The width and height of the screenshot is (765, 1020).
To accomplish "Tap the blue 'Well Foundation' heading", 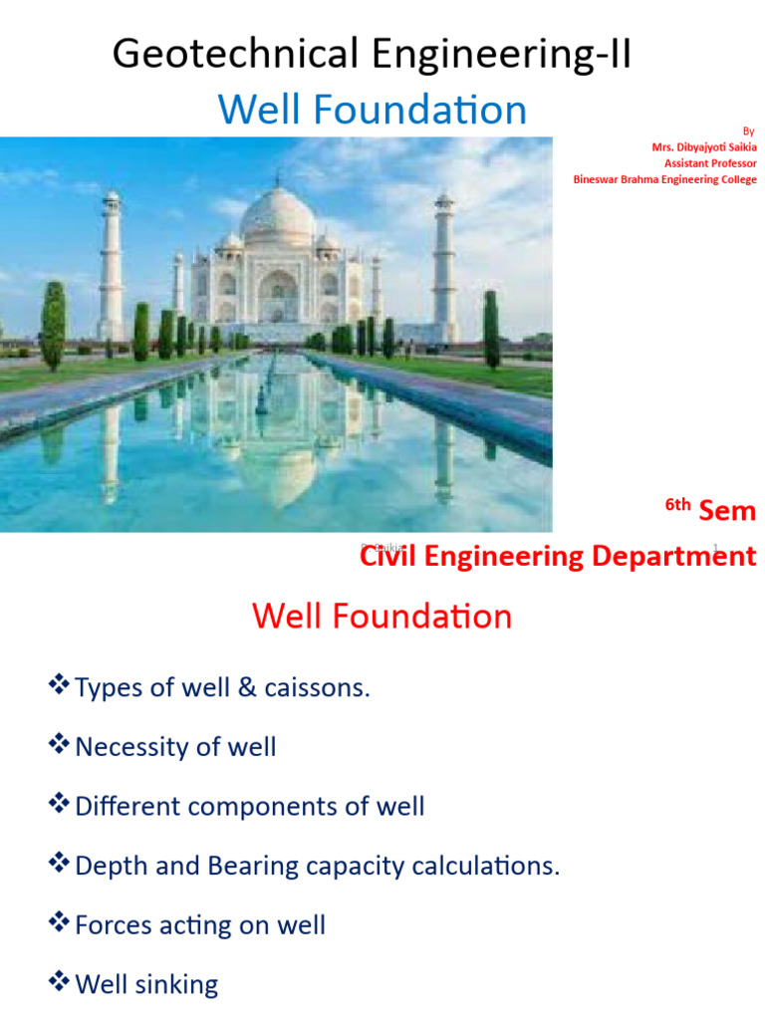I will coord(373,110).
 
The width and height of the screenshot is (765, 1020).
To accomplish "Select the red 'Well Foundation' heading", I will coord(382,616).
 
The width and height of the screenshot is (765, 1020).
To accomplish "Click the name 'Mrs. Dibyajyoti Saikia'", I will coord(703,147).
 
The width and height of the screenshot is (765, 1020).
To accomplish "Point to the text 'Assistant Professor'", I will coord(710,163).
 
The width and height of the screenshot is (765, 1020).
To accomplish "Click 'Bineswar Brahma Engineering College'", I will coord(664,179).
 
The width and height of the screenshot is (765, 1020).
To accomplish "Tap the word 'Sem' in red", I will coord(727,512).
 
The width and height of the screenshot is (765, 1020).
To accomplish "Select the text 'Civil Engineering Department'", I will coord(558,556).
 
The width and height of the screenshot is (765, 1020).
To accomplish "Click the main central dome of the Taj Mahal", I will coord(278,213).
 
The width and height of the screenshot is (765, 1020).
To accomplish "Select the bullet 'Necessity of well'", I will coord(175,746).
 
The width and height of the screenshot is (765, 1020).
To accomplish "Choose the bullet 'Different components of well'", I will coord(249,806).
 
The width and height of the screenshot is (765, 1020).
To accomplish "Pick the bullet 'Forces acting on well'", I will coord(199,925).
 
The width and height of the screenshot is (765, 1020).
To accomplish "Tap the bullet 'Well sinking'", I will coord(145,985).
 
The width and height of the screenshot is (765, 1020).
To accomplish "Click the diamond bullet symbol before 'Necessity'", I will coord(58,744).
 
